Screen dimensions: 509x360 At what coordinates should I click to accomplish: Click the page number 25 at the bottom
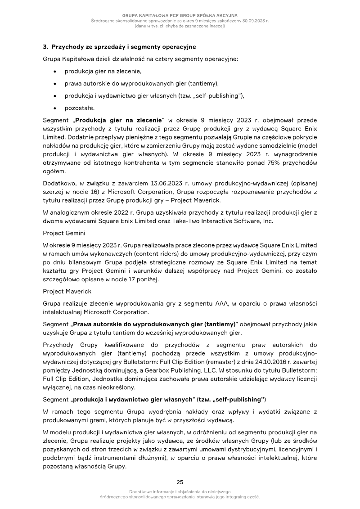[x=180, y=482]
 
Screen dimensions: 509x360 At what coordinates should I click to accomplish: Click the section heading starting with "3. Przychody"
[x=119, y=47]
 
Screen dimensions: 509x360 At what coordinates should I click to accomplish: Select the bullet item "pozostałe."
[x=79, y=108]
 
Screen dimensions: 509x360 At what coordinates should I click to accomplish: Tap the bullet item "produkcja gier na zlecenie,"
[x=103, y=71]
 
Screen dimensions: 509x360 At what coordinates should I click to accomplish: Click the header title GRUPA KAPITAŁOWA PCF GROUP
[x=180, y=16]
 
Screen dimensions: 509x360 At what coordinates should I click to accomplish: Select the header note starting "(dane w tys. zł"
[x=180, y=26]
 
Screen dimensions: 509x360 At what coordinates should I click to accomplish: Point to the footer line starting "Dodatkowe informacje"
[x=180, y=491]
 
